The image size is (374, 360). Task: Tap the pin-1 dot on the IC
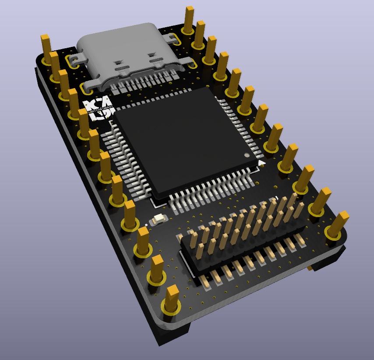247,155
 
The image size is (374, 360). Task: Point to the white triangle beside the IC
261,164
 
